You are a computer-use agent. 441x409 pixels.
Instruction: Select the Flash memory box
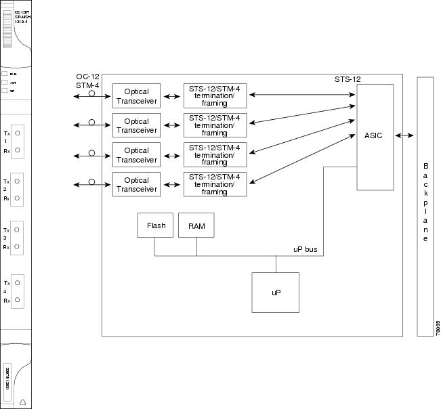click(x=155, y=225)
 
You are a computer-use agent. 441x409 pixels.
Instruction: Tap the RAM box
click(x=196, y=225)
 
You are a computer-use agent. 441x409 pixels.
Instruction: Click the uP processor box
click(x=275, y=292)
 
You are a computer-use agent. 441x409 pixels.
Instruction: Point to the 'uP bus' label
click(x=305, y=250)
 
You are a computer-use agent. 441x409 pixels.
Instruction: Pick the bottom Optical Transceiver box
click(x=136, y=185)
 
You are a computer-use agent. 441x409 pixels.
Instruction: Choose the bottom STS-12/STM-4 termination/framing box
click(x=214, y=185)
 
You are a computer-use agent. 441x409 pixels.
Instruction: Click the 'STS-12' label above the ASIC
click(x=347, y=79)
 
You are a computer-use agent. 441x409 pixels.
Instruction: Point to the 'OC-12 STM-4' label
click(x=87, y=81)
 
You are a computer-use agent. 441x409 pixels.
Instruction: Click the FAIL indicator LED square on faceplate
click(x=5, y=73)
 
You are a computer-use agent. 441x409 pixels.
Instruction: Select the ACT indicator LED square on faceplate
click(x=5, y=82)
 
